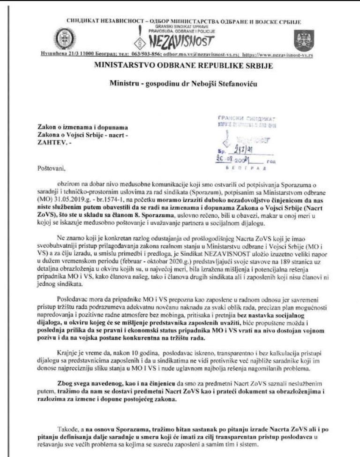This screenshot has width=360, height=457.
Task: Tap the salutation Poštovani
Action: (50, 166)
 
